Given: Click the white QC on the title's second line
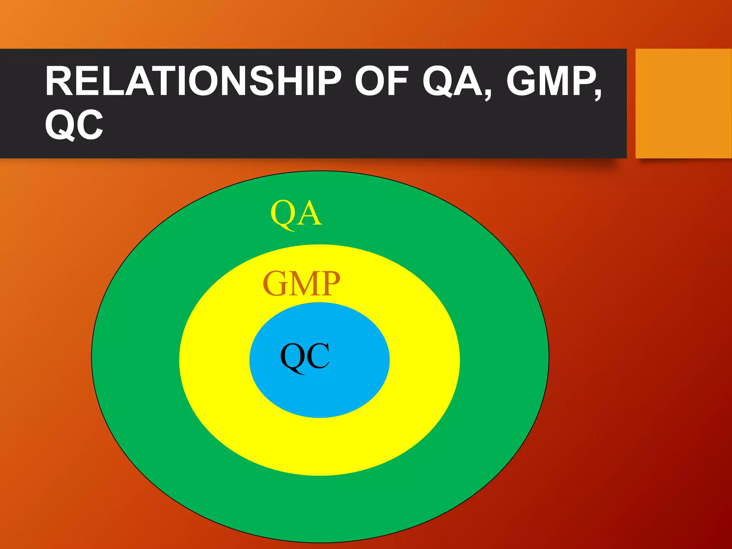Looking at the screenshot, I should coord(74,125).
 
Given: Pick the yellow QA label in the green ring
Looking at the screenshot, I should coord(296,214).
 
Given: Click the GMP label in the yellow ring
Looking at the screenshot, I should coord(301,284).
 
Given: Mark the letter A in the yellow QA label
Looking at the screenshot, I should coord(310,214).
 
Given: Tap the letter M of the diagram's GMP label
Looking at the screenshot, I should coord(302,284).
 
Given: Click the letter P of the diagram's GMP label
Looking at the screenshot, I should coord(330,284).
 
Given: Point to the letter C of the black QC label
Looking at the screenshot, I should coord(317,356).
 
